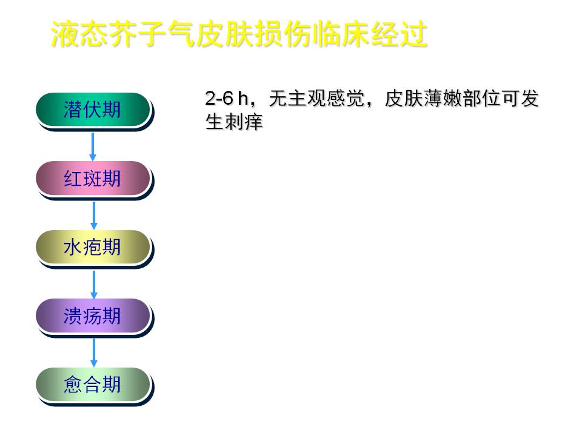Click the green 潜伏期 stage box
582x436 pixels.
coord(93,110)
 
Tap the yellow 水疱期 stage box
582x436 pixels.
coord(93,247)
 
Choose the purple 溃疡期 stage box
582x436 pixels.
coord(93,316)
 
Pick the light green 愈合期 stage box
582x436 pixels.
coord(93,385)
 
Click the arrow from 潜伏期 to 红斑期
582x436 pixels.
coord(93,147)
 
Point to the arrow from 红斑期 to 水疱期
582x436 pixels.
coord(94,216)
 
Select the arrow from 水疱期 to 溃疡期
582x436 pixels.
coord(94,285)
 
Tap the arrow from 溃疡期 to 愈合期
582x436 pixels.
coord(94,352)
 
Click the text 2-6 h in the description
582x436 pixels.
coord(226,98)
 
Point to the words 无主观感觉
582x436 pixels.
coord(316,99)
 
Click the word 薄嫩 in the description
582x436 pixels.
coord(443,99)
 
